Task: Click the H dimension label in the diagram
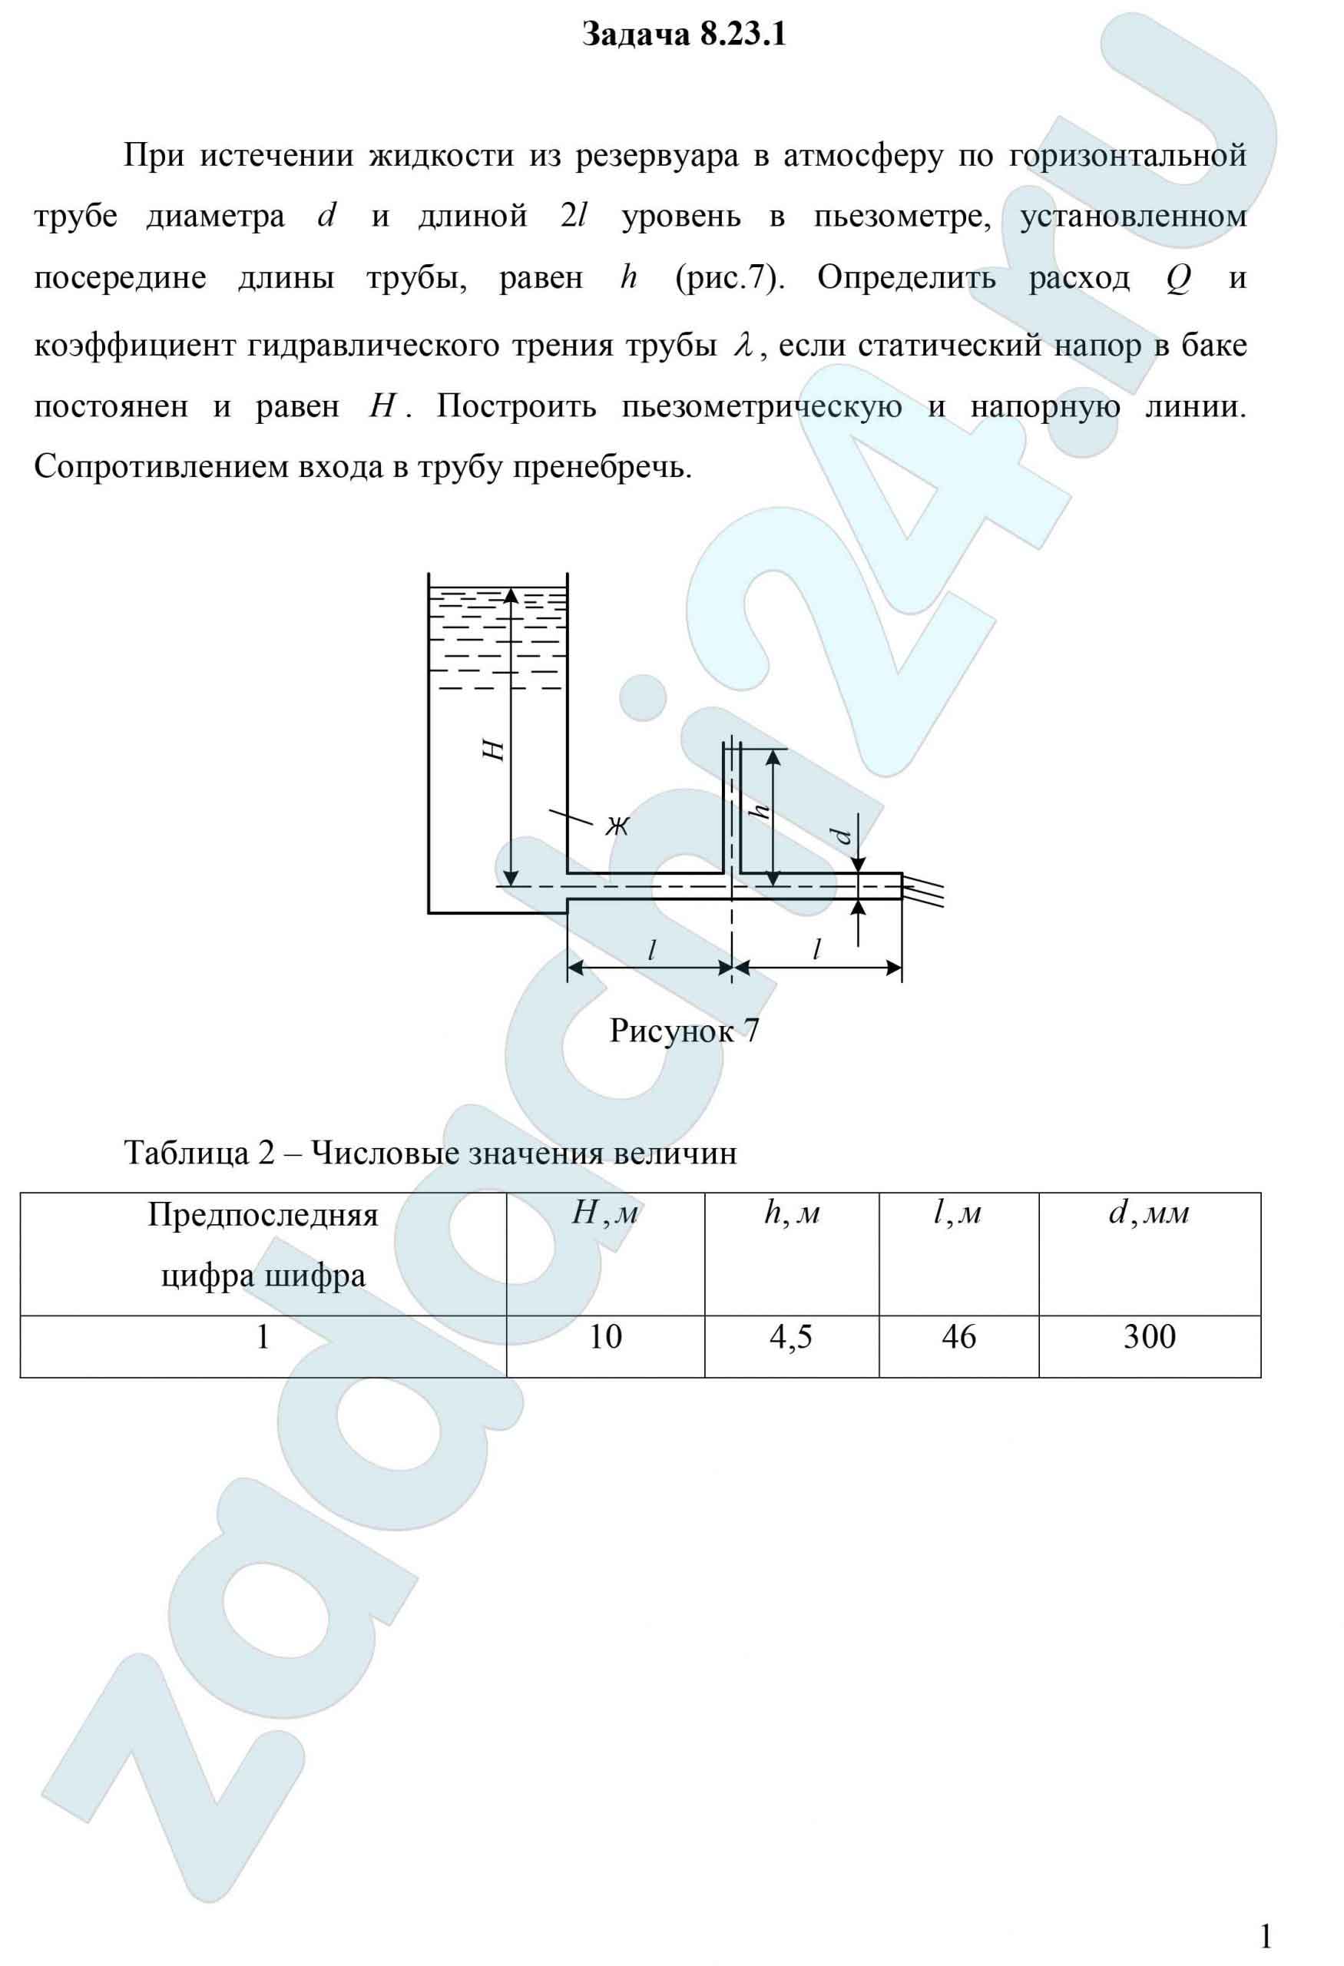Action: point(495,750)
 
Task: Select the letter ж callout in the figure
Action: point(617,826)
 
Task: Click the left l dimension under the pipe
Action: point(650,950)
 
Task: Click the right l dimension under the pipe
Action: point(816,950)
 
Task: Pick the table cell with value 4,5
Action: point(791,1336)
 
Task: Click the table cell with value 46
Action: point(958,1336)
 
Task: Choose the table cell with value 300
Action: point(1149,1336)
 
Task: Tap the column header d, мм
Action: point(1149,1215)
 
